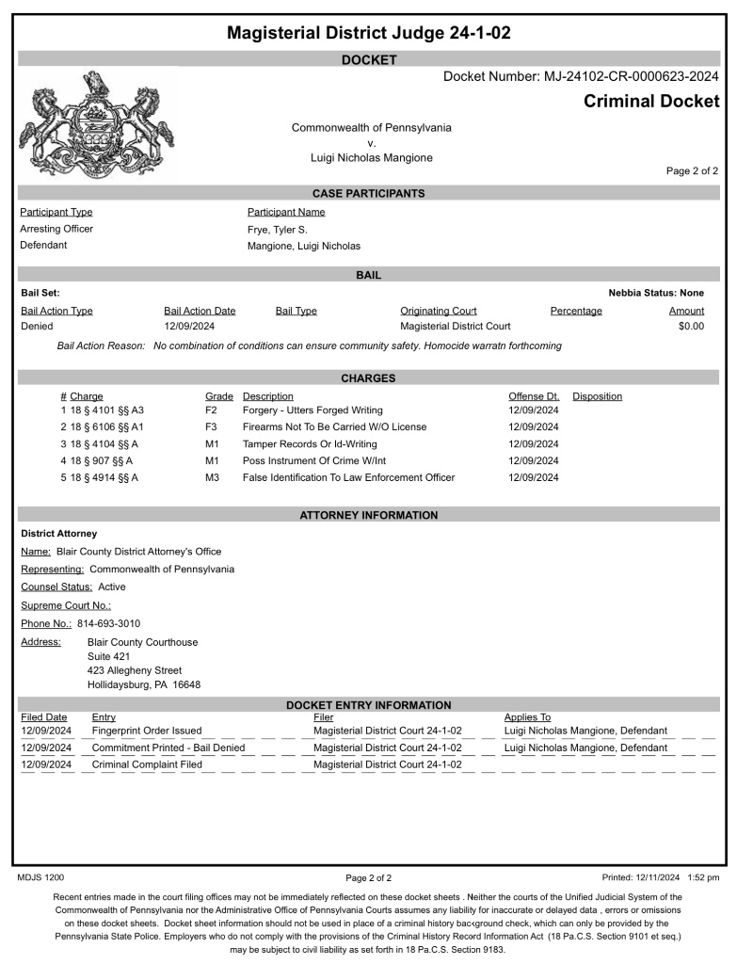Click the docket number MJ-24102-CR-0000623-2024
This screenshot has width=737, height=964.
point(581,76)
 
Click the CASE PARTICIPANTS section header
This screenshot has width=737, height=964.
point(368,193)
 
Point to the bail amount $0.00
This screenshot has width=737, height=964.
point(691,327)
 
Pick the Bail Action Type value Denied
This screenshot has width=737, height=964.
point(37,327)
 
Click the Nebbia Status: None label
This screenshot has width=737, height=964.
point(656,293)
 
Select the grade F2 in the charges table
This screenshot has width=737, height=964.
point(211,410)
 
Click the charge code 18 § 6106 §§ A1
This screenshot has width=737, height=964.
point(106,427)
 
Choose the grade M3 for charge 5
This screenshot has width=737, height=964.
point(212,478)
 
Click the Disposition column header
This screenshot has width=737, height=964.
point(597,396)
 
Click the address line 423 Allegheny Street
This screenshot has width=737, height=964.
point(134,670)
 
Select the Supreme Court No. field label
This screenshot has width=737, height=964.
point(66,605)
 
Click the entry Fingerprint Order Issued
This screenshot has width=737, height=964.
point(146,731)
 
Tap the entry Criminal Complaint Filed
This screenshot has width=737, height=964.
point(147,764)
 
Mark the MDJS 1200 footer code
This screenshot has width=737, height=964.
point(41,877)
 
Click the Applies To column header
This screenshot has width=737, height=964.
point(527,717)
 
